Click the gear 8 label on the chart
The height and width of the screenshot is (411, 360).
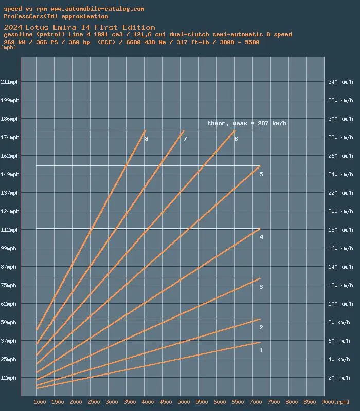[x=147, y=139]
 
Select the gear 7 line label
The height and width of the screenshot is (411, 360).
[x=185, y=139]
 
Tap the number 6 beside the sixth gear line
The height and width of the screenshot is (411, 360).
[x=236, y=139]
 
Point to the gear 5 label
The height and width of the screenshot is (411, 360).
[x=261, y=175]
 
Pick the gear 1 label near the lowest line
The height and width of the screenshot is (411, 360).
[x=261, y=350]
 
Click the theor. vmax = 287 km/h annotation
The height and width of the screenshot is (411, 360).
[x=247, y=123]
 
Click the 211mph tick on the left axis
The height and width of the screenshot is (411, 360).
[x=10, y=82]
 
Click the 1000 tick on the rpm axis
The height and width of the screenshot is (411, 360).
[x=40, y=402]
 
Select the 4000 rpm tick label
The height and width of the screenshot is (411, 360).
[x=148, y=402]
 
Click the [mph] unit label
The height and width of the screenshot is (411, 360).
[x=9, y=47]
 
